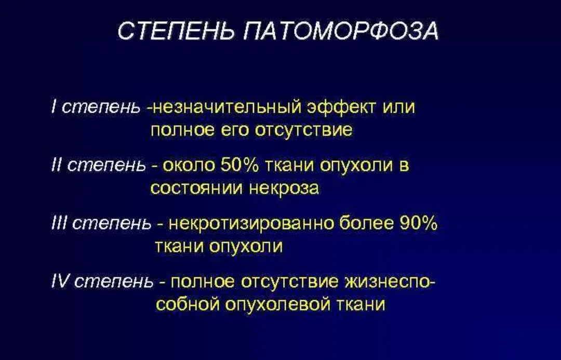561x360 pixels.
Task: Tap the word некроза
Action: point(285,189)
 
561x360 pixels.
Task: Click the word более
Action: point(366,224)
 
